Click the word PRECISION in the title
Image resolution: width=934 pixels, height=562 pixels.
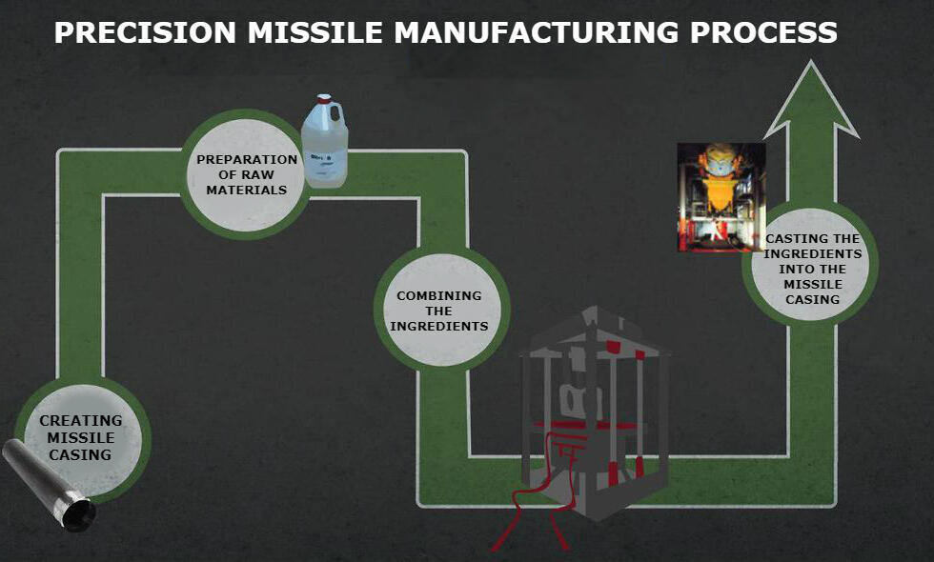(143, 32)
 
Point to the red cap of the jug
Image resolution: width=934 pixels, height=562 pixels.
(324, 98)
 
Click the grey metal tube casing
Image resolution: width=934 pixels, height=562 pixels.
(43, 481)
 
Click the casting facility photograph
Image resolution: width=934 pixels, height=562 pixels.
(721, 197)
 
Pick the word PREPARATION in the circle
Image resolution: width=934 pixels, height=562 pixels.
(247, 159)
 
